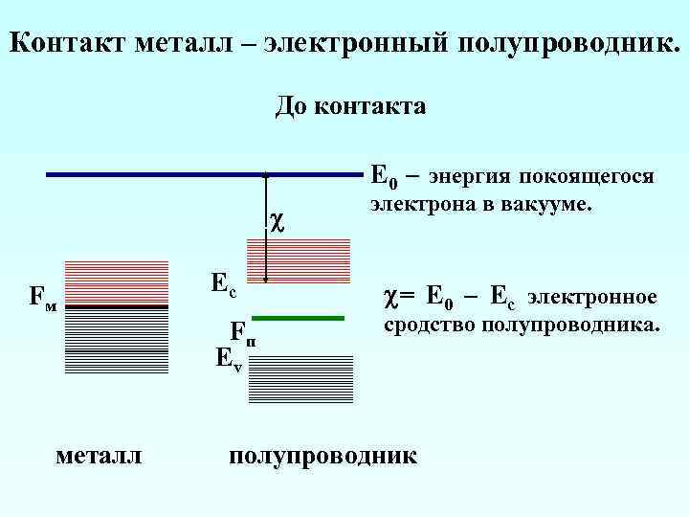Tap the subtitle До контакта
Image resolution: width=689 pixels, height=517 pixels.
pyautogui.click(x=350, y=105)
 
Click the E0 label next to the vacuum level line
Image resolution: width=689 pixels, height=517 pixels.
pyautogui.click(x=383, y=177)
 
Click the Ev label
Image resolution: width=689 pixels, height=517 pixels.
pyautogui.click(x=229, y=360)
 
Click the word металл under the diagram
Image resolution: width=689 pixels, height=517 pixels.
pyautogui.click(x=100, y=454)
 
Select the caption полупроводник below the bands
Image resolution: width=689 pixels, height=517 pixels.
pyautogui.click(x=323, y=454)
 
